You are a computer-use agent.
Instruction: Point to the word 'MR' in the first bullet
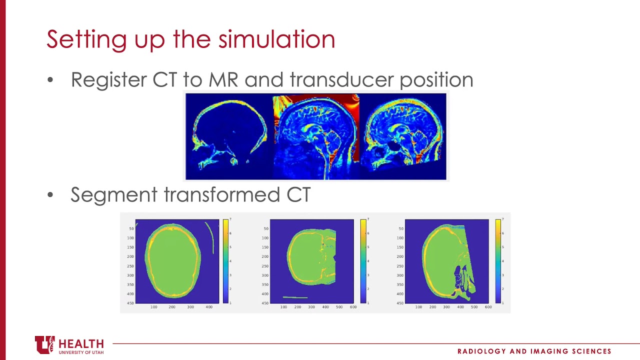(x=223, y=80)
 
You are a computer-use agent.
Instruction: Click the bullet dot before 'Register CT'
(x=50, y=80)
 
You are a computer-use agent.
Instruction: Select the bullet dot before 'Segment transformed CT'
(x=50, y=195)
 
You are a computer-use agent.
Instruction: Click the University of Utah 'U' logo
(x=44, y=345)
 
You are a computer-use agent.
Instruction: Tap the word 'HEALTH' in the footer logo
(x=81, y=344)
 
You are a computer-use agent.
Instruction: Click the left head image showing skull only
(x=229, y=136)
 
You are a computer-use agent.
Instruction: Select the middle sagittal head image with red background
(x=316, y=136)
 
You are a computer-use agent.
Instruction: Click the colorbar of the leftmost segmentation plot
(x=225, y=261)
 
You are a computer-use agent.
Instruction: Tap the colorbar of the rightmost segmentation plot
(x=498, y=261)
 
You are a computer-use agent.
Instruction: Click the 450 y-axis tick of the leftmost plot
(x=130, y=303)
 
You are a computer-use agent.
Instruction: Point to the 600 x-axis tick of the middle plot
(x=353, y=307)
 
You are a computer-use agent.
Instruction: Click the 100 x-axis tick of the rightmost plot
(x=418, y=307)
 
